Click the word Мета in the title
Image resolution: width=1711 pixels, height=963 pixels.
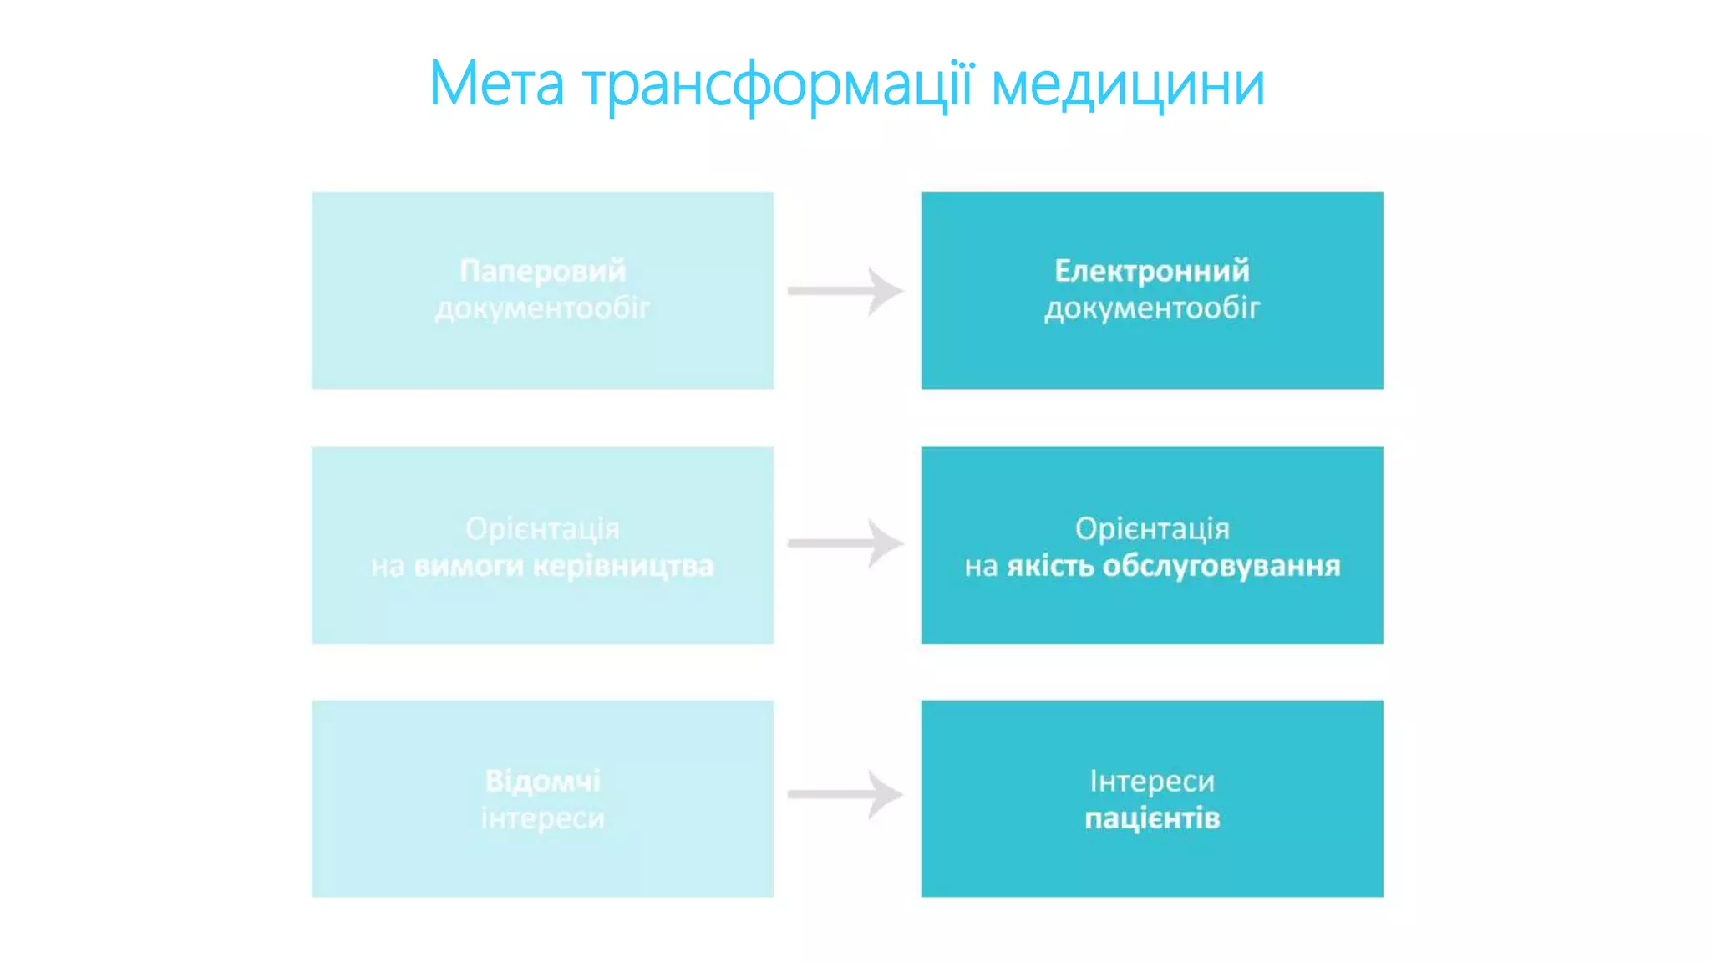click(x=496, y=84)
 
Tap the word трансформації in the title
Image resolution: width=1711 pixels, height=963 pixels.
click(x=778, y=85)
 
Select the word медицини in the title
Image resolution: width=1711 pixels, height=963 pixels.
click(x=1128, y=85)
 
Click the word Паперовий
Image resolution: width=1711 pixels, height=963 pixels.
click(x=543, y=271)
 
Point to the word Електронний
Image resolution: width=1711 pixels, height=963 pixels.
click(x=1152, y=271)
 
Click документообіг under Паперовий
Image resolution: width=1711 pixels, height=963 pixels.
click(x=543, y=309)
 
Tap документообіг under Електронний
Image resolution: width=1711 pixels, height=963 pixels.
click(x=1152, y=309)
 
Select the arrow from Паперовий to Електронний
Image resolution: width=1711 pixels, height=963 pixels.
click(x=845, y=291)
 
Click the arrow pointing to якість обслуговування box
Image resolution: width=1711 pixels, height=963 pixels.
click(x=845, y=543)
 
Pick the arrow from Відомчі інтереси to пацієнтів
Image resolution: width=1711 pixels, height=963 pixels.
click(x=845, y=794)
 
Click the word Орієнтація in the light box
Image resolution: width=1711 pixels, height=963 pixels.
click(x=543, y=529)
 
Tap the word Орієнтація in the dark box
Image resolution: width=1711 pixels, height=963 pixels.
click(x=1152, y=529)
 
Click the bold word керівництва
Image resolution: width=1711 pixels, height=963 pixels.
click(x=623, y=567)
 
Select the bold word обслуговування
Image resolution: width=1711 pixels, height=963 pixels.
click(x=1221, y=567)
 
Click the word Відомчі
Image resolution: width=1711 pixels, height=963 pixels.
click(x=543, y=781)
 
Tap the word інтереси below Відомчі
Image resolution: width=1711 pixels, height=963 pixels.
click(x=543, y=818)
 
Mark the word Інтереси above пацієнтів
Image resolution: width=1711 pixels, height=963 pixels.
click(x=1152, y=781)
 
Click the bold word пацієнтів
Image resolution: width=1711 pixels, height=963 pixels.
click(x=1152, y=818)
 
